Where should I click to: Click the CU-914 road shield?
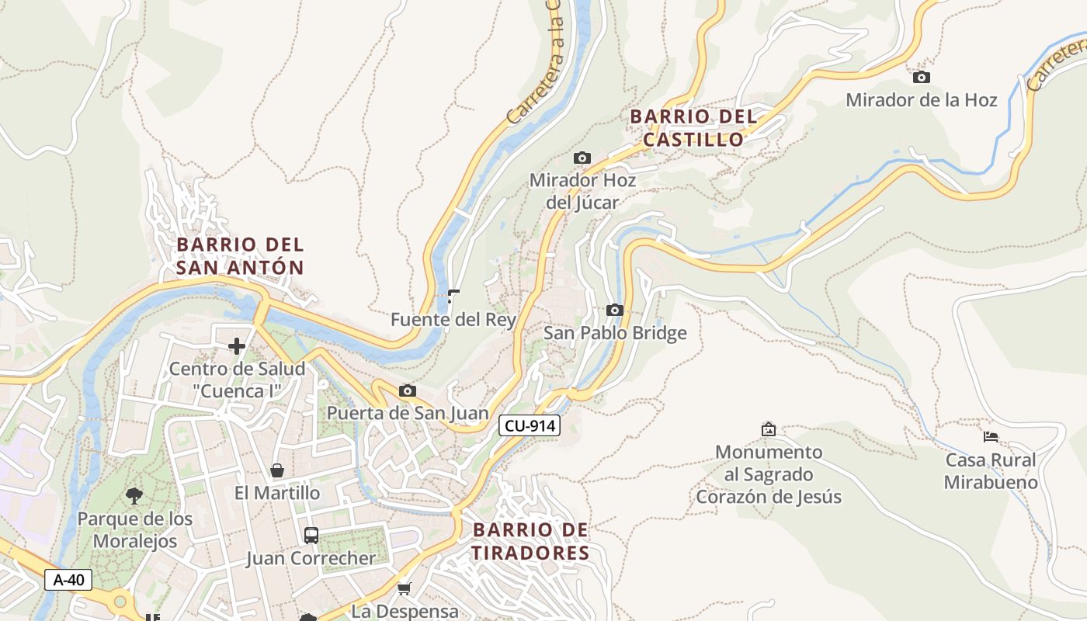529,425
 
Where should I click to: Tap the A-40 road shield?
68,579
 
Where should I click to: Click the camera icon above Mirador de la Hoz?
922,77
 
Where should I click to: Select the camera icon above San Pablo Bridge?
615,310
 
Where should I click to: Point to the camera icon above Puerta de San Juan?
408,390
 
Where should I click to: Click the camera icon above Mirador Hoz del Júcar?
582,158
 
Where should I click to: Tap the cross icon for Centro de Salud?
237,345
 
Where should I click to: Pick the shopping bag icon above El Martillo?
277,470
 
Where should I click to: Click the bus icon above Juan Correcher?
311,535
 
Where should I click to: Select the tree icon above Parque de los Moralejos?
134,495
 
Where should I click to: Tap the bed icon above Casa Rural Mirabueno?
991,436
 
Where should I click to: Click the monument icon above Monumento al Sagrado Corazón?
769,428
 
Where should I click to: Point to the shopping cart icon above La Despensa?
404,589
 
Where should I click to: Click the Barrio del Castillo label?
693,128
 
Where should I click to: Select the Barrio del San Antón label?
240,255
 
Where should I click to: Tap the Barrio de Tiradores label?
531,541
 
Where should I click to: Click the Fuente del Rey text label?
453,319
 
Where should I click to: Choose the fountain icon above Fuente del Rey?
453,297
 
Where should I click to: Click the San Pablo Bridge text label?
615,333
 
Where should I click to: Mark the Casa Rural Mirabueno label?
991,470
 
